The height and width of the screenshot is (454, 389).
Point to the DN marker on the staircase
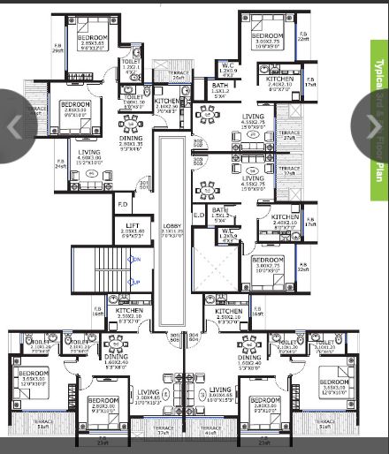click(x=135, y=259)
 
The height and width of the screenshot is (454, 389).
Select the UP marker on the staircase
click(x=135, y=282)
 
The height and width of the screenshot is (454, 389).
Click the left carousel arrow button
click(x=14, y=126)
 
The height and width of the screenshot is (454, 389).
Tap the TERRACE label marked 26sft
click(x=179, y=77)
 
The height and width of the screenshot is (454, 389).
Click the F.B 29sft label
click(x=58, y=48)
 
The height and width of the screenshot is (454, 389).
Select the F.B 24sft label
click(x=60, y=163)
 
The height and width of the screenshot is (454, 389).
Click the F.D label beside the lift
click(x=123, y=204)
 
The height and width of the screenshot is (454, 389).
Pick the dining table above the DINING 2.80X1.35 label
click(x=132, y=121)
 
